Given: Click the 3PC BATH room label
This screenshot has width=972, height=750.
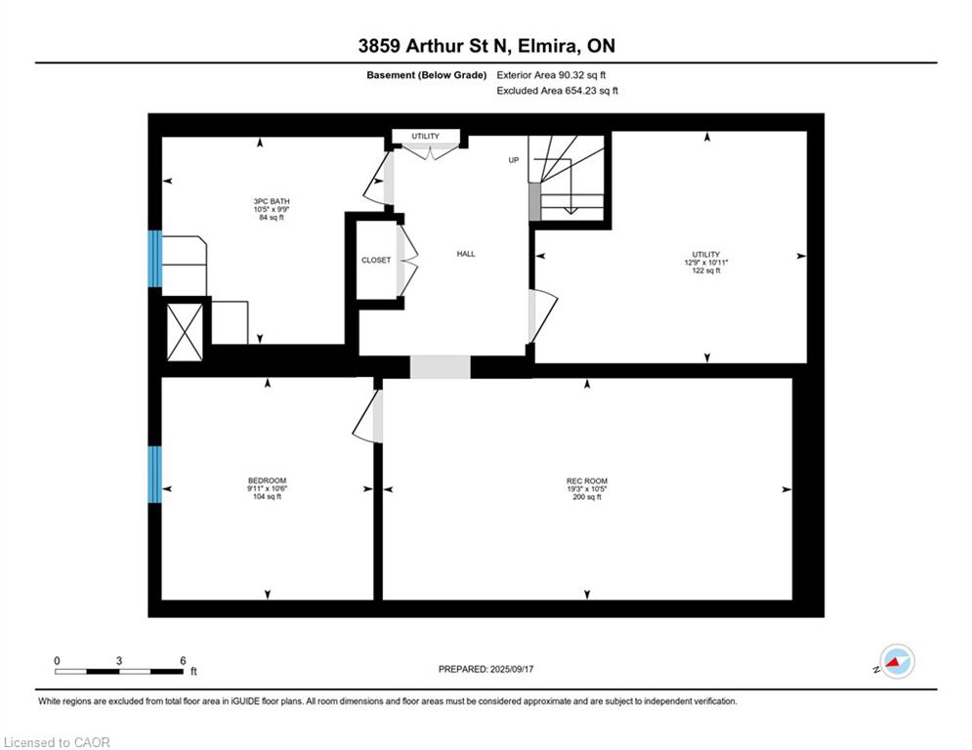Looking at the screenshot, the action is tap(272, 201).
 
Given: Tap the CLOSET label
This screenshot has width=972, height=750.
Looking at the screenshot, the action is tap(376, 261).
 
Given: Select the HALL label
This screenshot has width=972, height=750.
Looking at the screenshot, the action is tap(466, 254).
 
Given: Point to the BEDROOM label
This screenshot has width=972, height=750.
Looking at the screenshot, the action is tap(267, 480).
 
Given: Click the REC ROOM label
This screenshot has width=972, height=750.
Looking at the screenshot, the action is tap(587, 480).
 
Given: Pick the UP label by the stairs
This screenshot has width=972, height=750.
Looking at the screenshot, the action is tap(513, 160).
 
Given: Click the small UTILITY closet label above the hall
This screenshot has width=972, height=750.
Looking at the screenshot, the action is tap(425, 136).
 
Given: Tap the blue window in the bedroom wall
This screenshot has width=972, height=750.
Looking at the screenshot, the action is tap(155, 475).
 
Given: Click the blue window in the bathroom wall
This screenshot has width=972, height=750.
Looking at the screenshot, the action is tap(155, 259).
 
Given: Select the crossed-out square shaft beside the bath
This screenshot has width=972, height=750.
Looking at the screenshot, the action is tap(185, 332).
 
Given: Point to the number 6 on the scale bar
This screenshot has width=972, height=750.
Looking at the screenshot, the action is tap(183, 661).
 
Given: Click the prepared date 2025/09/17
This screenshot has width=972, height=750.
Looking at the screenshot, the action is tap(512, 669).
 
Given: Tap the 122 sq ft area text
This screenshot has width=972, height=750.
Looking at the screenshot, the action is tap(706, 271).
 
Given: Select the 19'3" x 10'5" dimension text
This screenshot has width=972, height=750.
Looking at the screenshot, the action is tap(587, 488).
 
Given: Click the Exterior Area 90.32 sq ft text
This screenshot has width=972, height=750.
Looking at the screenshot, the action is tap(551, 75).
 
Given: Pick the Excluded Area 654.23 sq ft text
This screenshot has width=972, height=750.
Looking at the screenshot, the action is tap(557, 91).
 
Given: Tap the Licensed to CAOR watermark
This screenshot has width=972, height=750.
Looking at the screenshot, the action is tap(57, 742).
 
